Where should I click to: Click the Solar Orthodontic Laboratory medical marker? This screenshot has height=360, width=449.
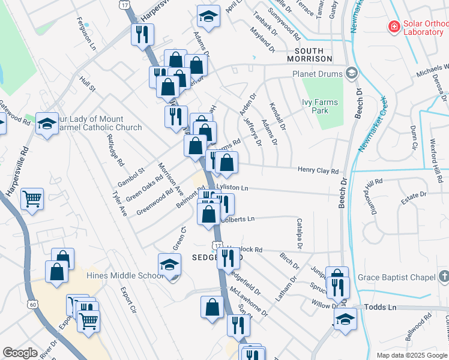click(x=394, y=26)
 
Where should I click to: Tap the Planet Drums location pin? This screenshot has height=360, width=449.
click(x=352, y=74)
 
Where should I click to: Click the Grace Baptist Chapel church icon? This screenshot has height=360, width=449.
click(x=443, y=277)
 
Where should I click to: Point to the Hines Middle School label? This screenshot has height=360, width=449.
click(x=125, y=275)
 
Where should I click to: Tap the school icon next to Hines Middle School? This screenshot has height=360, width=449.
click(x=170, y=265)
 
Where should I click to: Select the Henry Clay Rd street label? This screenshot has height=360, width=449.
click(x=318, y=171)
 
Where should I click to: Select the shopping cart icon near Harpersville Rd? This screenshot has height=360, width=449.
click(x=32, y=198)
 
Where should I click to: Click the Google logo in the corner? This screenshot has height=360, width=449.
click(x=20, y=353)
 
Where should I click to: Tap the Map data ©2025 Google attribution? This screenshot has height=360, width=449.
click(x=411, y=355)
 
